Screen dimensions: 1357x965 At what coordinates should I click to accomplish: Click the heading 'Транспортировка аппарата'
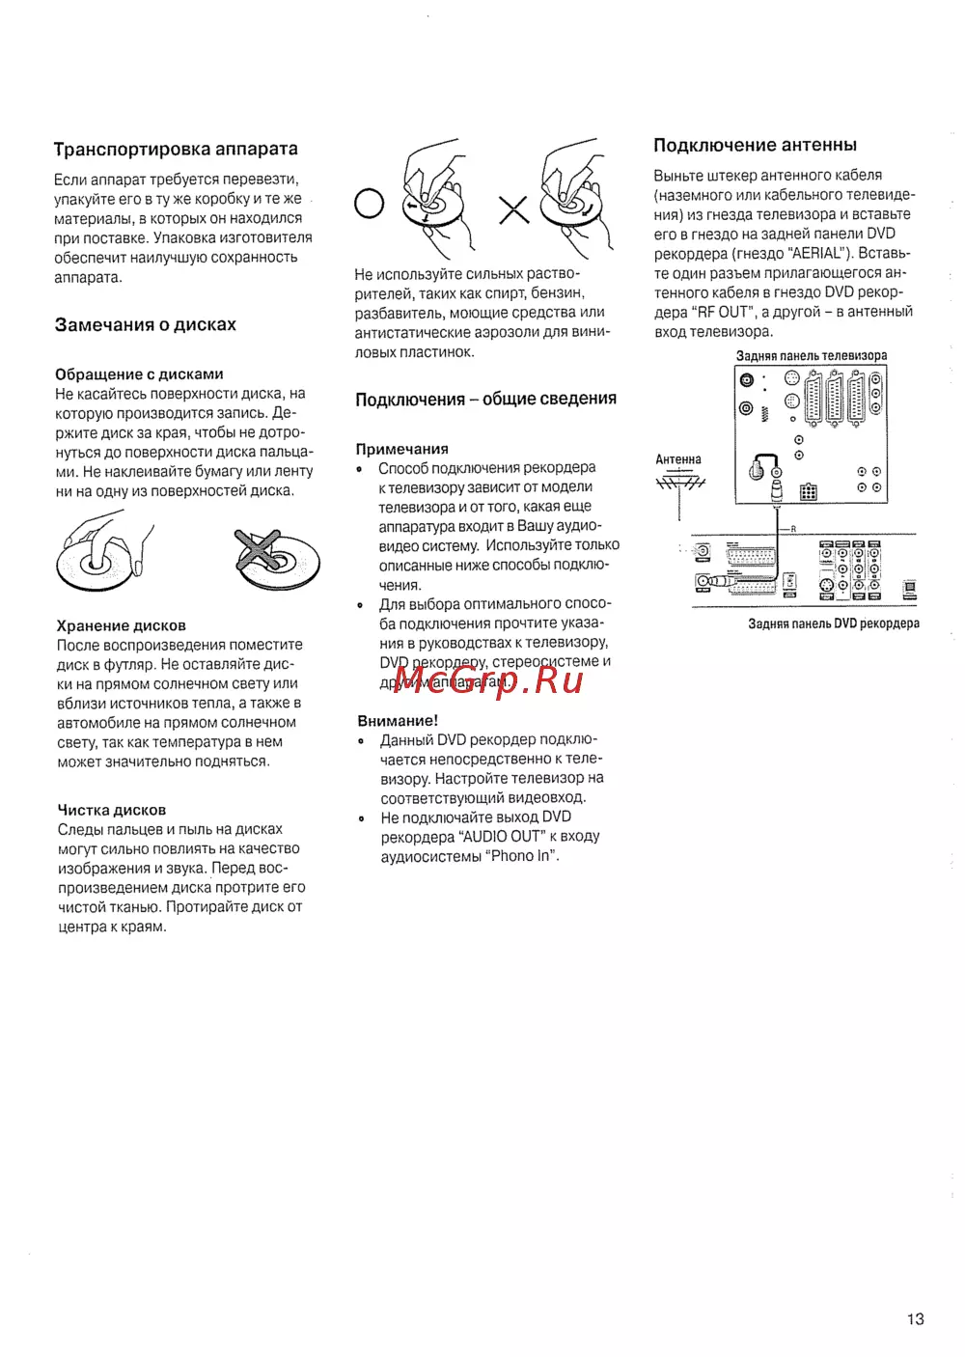pyautogui.click(x=176, y=150)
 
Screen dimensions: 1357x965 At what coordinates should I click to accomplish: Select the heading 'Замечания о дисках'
pyautogui.click(x=146, y=325)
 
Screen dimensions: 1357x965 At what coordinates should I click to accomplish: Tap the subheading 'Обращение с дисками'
pyautogui.click(x=139, y=374)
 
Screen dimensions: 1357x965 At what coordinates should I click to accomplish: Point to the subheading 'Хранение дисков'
pyautogui.click(x=122, y=625)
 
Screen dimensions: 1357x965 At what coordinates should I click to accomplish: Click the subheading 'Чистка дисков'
pyautogui.click(x=112, y=810)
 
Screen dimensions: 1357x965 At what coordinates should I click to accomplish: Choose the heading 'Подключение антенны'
pyautogui.click(x=755, y=146)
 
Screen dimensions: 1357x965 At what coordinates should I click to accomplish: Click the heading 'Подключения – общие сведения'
pyautogui.click(x=485, y=400)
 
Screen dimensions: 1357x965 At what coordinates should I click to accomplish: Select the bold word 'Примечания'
pyautogui.click(x=402, y=449)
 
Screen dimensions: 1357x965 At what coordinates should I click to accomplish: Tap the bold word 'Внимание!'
pyautogui.click(x=398, y=721)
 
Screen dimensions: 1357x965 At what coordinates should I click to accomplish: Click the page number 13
pyautogui.click(x=915, y=1318)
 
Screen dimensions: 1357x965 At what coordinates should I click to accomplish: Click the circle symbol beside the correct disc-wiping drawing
pyautogui.click(x=369, y=204)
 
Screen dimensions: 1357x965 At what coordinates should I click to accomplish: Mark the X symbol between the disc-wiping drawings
pyautogui.click(x=513, y=209)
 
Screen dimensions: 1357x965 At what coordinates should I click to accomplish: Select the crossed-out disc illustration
pyautogui.click(x=276, y=559)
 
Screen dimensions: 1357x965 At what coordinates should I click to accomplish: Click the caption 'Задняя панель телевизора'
pyautogui.click(x=811, y=356)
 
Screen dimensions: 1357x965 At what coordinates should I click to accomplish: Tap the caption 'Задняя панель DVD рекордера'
pyautogui.click(x=834, y=623)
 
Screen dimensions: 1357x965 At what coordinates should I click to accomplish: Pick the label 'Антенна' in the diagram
pyautogui.click(x=678, y=459)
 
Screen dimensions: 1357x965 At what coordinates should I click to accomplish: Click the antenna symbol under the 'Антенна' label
pyautogui.click(x=680, y=483)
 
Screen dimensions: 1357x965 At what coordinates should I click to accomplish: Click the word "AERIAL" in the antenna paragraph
pyautogui.click(x=815, y=254)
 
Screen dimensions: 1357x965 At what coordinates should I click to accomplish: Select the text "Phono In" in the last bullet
pyautogui.click(x=521, y=856)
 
